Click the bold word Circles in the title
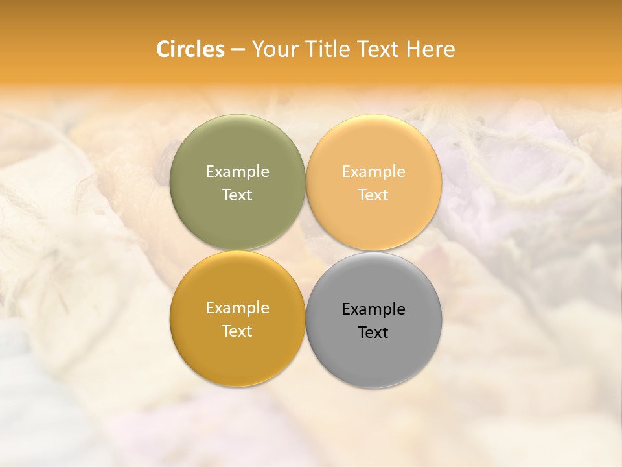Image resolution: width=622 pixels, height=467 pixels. pyautogui.click(x=190, y=49)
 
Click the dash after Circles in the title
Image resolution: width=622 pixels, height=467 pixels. pyautogui.click(x=238, y=50)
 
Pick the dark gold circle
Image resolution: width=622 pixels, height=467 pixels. pyautogui.click(x=237, y=350)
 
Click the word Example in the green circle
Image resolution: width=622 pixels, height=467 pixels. pyautogui.click(x=237, y=172)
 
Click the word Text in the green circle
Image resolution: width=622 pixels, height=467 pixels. pyautogui.click(x=237, y=195)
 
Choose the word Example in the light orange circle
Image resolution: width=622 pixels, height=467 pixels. pyautogui.click(x=374, y=172)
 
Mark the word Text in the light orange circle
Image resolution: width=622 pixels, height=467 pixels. pyautogui.click(x=374, y=195)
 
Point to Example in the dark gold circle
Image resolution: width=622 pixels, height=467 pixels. pyautogui.click(x=237, y=308)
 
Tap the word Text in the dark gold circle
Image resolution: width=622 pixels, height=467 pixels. pyautogui.click(x=237, y=331)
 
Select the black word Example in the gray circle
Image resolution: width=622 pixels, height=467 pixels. pyautogui.click(x=374, y=309)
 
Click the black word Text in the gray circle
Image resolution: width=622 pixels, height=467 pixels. pyautogui.click(x=374, y=333)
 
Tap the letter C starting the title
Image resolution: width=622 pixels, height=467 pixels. pyautogui.click(x=163, y=49)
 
